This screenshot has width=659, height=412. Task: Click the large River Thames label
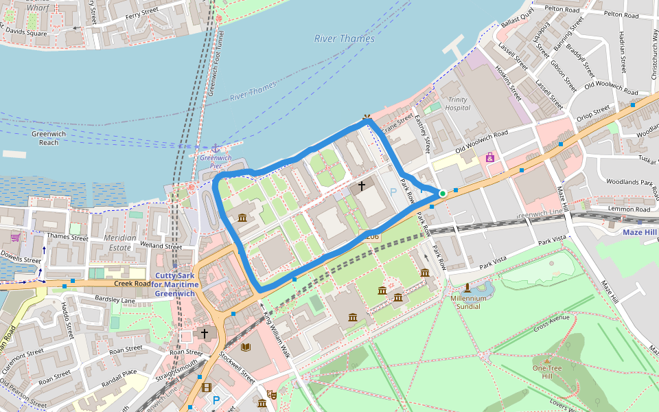(x=345, y=39)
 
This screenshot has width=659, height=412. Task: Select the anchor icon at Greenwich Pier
(x=215, y=148)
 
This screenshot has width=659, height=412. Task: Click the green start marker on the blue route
(x=443, y=194)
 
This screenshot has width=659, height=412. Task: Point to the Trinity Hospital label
(x=457, y=104)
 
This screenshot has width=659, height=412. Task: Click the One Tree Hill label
(x=547, y=371)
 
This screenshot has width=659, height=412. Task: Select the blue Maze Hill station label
(x=640, y=232)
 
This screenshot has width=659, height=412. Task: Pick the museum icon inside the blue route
(x=242, y=218)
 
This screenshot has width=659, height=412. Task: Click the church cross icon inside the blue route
(x=362, y=186)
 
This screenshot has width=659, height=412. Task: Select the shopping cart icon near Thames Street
(x=15, y=238)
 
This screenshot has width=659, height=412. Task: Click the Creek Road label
(x=132, y=283)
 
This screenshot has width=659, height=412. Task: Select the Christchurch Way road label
(x=654, y=54)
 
